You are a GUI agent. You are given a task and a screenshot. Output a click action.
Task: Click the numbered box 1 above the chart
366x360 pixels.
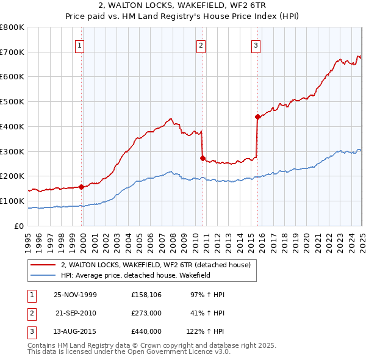tap(80, 44)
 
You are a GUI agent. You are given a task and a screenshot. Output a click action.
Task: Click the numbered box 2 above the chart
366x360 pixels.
tap(201, 44)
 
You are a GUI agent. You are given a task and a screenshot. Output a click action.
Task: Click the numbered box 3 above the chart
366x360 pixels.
tap(256, 44)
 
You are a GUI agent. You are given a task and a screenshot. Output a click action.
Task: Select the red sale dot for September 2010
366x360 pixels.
tap(203, 158)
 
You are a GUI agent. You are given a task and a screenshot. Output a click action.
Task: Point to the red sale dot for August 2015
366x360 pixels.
tap(257, 117)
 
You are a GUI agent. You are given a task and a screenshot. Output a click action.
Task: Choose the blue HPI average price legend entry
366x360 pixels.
tap(143, 275)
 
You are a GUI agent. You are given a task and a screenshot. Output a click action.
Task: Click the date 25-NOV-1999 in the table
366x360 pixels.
tap(76, 295)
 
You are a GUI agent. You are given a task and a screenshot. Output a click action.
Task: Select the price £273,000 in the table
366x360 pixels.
tap(146, 313)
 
